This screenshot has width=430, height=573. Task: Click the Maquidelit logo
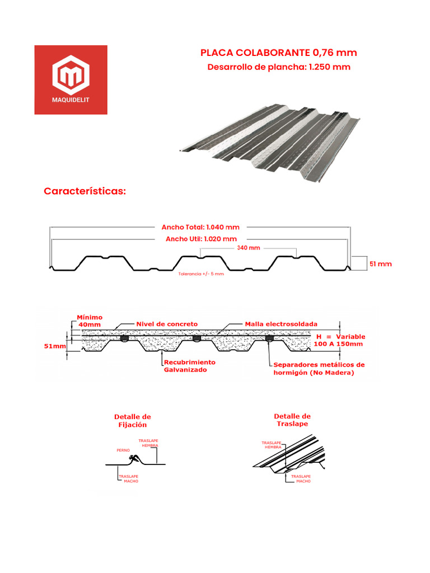pos(71,79)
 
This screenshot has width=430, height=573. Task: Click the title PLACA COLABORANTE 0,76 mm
pos(278,53)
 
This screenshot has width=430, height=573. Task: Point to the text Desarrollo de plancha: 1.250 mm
pos(278,67)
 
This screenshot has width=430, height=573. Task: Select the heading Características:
pos(85,191)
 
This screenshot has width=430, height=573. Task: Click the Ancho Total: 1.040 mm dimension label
pos(200,227)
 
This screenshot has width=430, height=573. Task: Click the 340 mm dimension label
pos(249,247)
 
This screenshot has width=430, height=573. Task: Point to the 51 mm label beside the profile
pos(380,264)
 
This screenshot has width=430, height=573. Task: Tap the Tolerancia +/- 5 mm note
pos(201,274)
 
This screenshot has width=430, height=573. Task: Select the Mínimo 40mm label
pos(90,321)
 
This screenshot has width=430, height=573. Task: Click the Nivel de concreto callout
pos(167,324)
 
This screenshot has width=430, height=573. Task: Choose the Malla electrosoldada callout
pos(281,324)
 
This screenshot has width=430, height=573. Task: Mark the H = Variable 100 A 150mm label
pos(340,340)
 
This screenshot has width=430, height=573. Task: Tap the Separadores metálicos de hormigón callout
pos(319,368)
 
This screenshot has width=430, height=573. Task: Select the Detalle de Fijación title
pos(133,421)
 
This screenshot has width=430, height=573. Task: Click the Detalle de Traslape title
pos(292,420)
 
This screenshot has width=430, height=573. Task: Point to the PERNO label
pos(123,450)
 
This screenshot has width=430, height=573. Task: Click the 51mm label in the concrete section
pos(55,346)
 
